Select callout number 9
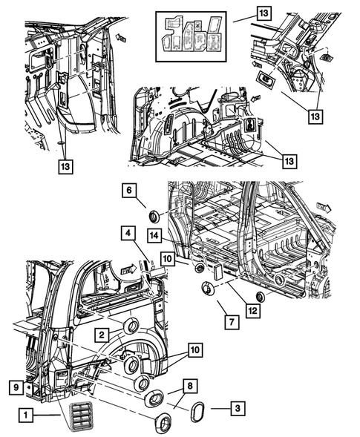click(x=15, y=386)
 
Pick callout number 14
click(x=156, y=235)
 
